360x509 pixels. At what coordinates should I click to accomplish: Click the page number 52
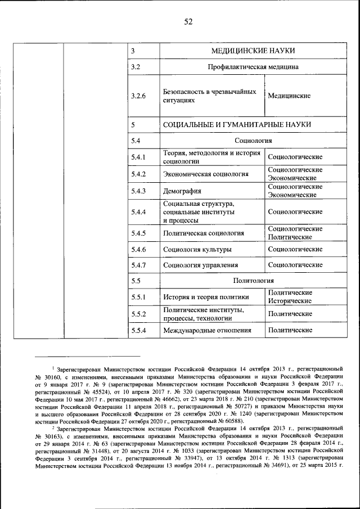click(x=188, y=22)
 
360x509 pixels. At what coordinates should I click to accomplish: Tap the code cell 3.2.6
click(x=138, y=96)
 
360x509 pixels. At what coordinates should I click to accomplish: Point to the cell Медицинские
click(x=289, y=96)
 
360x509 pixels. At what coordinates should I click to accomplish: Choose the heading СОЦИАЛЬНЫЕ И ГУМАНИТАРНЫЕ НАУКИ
click(x=237, y=124)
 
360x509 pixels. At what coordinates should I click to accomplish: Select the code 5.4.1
click(x=138, y=157)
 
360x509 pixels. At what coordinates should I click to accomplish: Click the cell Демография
click(x=182, y=191)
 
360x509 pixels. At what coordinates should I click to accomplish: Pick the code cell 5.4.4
click(x=138, y=212)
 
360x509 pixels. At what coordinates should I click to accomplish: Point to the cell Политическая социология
click(x=203, y=233)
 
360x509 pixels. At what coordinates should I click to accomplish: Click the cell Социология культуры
click(x=197, y=249)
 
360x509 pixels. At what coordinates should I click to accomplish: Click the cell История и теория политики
click(x=205, y=297)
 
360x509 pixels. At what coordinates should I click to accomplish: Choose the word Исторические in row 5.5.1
click(x=290, y=301)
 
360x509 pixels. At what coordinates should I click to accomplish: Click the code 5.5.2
click(x=138, y=314)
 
